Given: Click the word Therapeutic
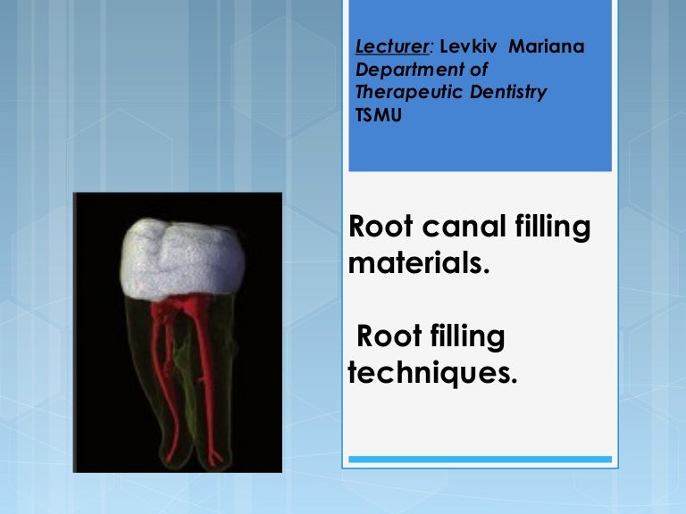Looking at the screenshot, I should pos(402,92).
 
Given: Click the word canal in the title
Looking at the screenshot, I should pos(459,228).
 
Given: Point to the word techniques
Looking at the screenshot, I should pos(432,372).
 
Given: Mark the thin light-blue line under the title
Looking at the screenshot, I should pos(480,460).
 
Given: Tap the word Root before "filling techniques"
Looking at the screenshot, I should pos(389,336).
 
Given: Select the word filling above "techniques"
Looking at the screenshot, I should pos(468,338).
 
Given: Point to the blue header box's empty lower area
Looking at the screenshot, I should pos(480,147).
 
